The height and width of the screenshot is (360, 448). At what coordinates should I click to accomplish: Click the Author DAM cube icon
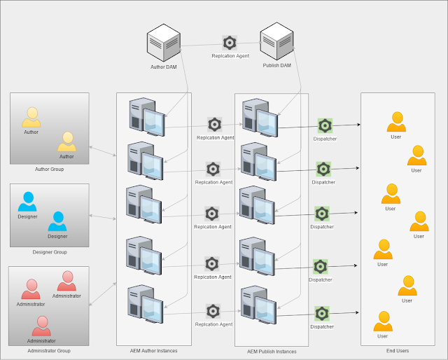164,43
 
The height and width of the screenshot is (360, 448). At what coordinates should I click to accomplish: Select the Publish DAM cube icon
277,41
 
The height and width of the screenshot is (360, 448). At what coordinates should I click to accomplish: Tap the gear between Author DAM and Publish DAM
230,43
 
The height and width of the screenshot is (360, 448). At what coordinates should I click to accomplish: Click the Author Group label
49,169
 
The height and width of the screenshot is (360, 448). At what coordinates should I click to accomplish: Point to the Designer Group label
50,252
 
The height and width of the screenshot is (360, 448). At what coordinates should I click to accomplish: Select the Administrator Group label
49,351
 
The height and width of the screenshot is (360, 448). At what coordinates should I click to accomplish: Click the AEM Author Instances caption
154,351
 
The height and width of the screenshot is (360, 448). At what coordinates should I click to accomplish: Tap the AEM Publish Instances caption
272,352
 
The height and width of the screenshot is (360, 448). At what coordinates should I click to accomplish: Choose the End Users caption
398,351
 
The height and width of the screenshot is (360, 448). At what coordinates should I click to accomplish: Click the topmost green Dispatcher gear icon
325,126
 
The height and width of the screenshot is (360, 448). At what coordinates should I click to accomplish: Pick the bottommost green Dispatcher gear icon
322,314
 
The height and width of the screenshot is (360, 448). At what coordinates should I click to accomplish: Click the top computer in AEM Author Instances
147,117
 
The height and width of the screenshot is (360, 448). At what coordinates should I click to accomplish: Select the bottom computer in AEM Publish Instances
258,305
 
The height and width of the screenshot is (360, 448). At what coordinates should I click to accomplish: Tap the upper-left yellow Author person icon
31,117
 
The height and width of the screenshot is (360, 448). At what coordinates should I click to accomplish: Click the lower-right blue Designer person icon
57,221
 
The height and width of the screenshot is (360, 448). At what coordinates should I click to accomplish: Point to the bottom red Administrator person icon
42,326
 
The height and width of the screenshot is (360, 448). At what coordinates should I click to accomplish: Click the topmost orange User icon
397,122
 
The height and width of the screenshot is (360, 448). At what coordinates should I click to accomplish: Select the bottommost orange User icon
383,321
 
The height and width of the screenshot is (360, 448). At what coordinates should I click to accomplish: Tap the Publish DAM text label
277,65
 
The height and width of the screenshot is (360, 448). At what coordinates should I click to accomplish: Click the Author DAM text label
164,67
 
